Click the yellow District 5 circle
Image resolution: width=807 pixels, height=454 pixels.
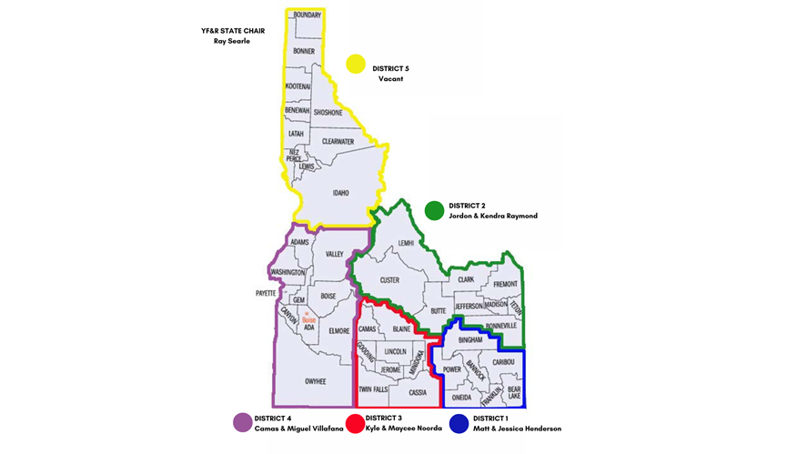coord(356,64)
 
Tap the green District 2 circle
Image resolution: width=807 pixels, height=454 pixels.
coord(434,210)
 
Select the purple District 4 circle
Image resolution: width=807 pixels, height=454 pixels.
coord(242,422)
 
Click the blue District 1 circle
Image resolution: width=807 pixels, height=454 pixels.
coord(459,423)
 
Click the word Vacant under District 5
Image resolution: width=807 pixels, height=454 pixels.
coord(390,79)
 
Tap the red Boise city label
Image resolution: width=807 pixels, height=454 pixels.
coord(308,319)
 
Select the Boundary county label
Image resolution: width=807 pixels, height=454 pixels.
coord(308,15)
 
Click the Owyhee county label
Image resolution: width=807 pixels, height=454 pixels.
coord(316,381)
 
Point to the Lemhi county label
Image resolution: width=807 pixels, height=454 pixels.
coord(406,243)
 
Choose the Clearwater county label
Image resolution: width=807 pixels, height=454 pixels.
coord(338,142)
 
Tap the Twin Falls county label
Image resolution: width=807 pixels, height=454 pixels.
coord(373,388)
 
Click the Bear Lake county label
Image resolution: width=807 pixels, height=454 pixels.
coord(514,392)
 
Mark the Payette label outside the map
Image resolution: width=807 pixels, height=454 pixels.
coord(264,293)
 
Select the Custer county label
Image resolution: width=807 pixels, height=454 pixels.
coord(389,280)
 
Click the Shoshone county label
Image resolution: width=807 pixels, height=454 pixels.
coord(328,113)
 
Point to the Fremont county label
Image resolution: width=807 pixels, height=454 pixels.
coord(505,285)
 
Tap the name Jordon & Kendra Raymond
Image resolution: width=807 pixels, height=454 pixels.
coord(493,216)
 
